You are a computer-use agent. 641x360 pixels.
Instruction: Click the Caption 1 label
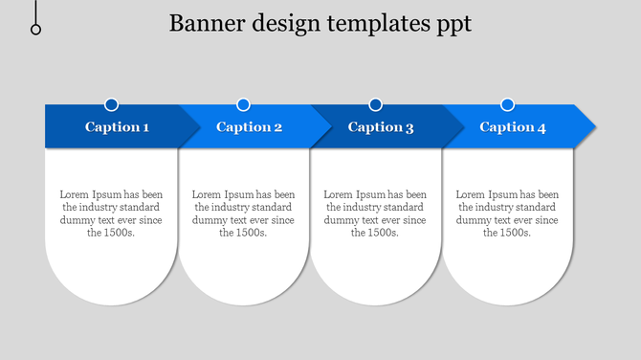coord(117,127)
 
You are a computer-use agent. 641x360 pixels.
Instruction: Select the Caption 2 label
coord(249,127)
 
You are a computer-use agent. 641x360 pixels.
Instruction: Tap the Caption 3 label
coord(381,127)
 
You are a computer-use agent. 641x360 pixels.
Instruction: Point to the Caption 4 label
coord(513,127)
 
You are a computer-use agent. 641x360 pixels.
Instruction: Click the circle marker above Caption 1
coord(112,104)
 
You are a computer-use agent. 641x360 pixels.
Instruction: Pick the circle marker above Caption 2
coord(243,104)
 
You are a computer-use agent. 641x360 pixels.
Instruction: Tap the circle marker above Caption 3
coord(375,104)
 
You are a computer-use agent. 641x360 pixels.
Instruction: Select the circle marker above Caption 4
coord(507,104)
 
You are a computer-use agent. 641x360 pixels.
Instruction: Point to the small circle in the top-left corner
coord(36,30)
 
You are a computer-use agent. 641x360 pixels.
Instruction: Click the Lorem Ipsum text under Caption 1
coord(111,214)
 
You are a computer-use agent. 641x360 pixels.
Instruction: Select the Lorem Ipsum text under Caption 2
coord(243,214)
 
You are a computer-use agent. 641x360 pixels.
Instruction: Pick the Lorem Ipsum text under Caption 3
coord(375,214)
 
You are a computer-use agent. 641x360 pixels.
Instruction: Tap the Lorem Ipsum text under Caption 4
coord(507,214)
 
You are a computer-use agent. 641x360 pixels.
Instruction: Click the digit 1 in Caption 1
coord(145,127)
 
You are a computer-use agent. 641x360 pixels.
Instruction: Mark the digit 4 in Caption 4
coord(542,127)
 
